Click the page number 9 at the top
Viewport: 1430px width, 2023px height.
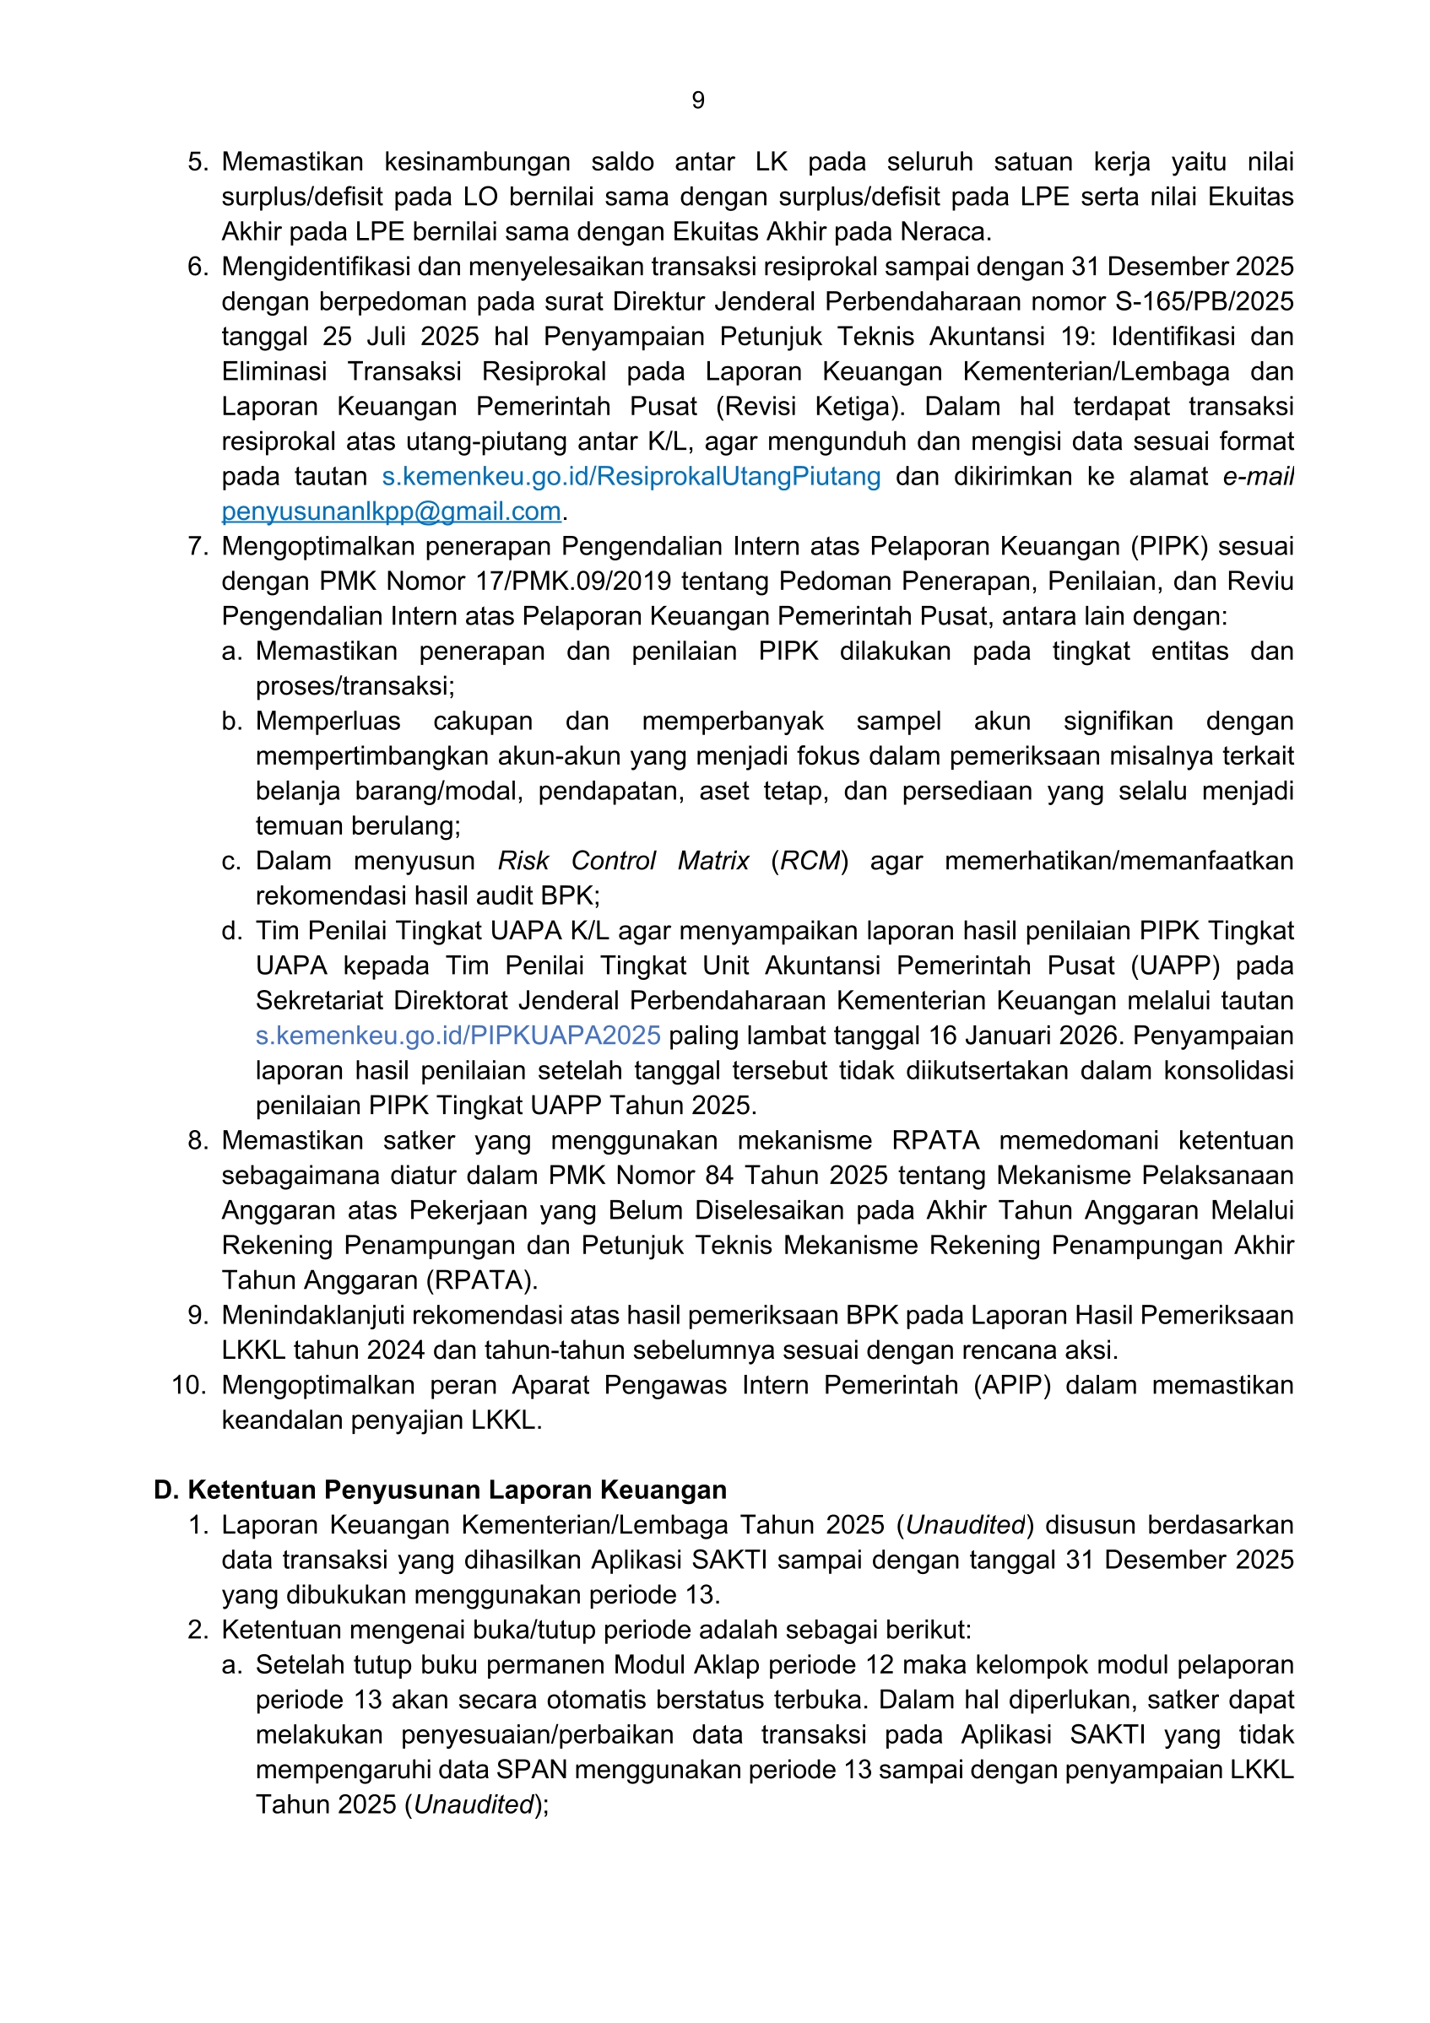coord(698,100)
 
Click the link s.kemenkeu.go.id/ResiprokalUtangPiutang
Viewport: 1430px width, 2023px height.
coord(631,477)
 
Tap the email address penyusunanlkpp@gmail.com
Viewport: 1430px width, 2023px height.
coord(391,511)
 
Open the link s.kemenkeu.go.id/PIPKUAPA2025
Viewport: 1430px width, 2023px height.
coord(458,1036)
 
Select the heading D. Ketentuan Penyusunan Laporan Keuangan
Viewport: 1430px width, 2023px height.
coord(440,1490)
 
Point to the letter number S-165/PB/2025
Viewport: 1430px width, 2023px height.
coord(1204,301)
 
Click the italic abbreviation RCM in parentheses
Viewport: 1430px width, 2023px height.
coord(810,861)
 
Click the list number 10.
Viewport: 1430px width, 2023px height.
coord(188,1385)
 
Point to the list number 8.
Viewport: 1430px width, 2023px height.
coord(198,1140)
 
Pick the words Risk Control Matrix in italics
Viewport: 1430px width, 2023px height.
coord(623,861)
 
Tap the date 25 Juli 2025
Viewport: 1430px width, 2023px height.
coord(401,337)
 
